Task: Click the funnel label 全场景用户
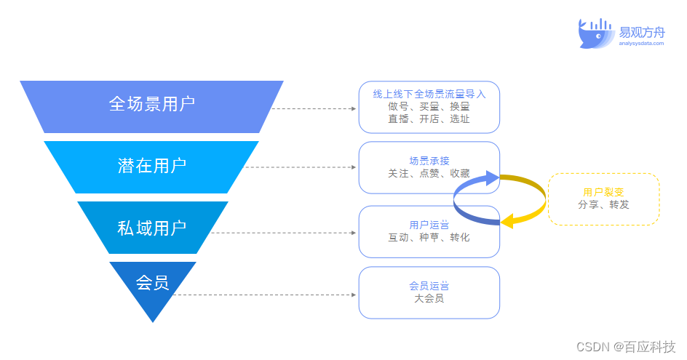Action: pos(152,104)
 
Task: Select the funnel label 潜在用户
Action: pos(152,166)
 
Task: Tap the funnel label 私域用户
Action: pos(152,227)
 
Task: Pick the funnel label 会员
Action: pos(152,282)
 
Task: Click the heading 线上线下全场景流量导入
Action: pos(429,94)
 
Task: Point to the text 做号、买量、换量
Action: pos(429,106)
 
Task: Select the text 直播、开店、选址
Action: pos(429,119)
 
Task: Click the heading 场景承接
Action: pos(429,161)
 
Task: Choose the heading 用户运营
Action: pos(429,225)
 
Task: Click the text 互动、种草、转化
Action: pos(429,237)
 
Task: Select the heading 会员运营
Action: pos(429,285)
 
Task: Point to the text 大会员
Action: pos(429,297)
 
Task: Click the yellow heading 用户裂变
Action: pos(603,192)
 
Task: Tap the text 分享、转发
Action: pos(603,204)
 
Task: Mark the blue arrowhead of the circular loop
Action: pos(493,177)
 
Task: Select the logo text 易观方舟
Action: pos(642,32)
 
